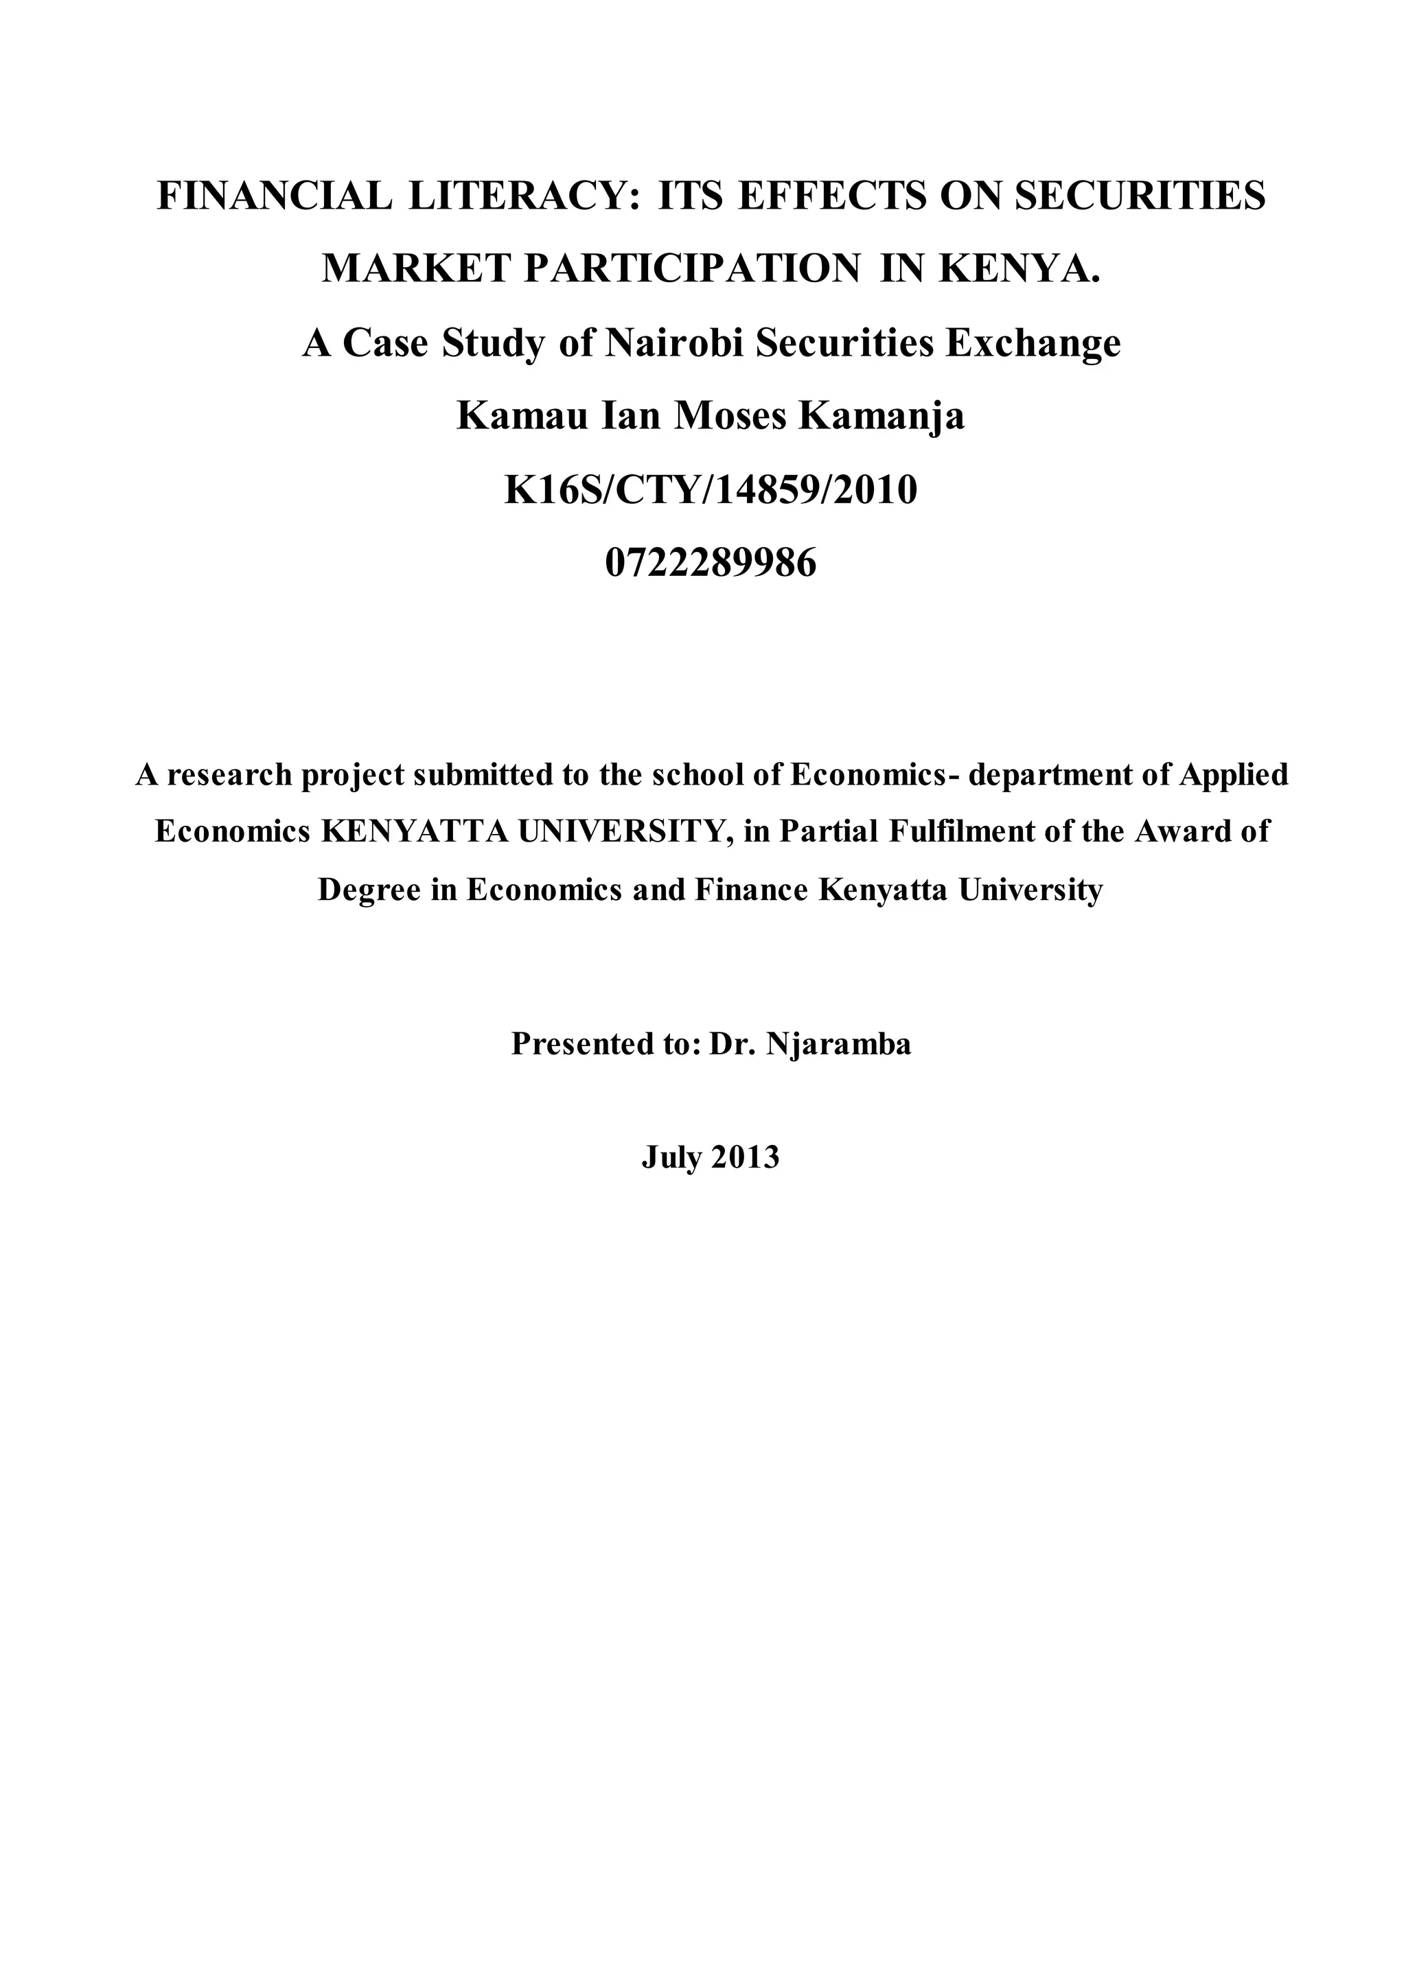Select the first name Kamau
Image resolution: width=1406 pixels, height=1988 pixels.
point(511,417)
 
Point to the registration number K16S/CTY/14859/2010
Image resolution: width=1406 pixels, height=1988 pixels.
point(711,490)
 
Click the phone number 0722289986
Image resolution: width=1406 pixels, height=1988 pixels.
point(711,564)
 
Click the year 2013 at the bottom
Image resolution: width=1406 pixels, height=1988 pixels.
point(746,1157)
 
